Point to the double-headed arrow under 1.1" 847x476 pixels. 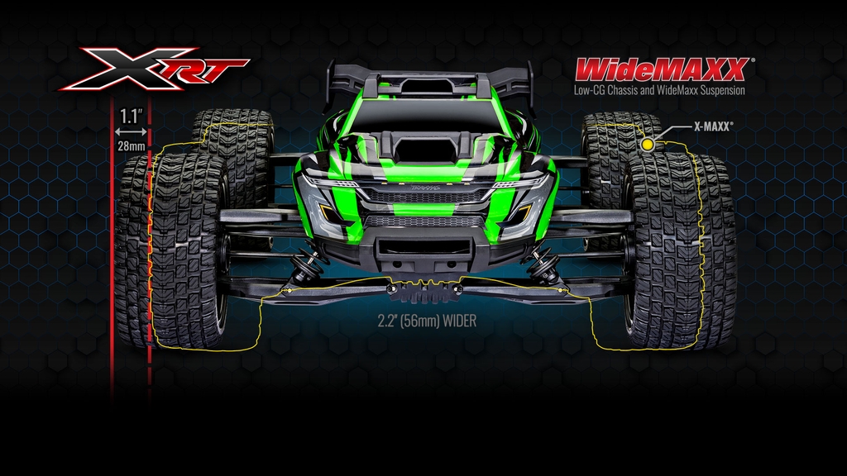[132, 131]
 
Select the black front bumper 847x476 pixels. [423, 248]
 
